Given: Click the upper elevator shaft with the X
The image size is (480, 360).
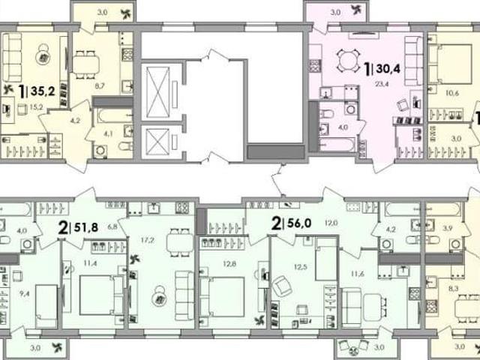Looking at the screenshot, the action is [158, 91].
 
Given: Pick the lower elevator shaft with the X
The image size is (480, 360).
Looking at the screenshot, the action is [158, 142].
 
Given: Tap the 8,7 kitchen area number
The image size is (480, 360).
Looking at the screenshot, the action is [100, 86].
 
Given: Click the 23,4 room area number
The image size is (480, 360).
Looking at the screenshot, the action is [382, 83].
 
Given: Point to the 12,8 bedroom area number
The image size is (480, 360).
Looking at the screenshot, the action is [229, 263].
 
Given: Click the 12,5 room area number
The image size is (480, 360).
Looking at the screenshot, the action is [301, 267].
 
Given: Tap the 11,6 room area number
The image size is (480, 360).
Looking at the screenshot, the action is [358, 274].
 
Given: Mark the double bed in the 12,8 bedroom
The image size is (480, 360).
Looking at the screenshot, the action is [222, 297].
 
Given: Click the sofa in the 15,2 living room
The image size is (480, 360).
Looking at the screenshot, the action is [12, 57].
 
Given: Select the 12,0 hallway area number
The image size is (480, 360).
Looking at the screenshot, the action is [331, 223].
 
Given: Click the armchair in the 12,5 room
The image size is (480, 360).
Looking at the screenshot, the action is [282, 286].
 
